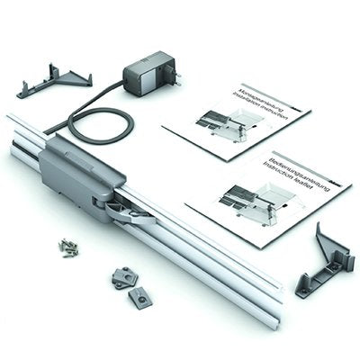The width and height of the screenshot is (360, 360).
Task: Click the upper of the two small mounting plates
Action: tap(123, 277)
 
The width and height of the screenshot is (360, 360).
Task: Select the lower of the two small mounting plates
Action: tap(139, 296)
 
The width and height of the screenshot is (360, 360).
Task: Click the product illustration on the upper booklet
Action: tap(225, 126)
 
